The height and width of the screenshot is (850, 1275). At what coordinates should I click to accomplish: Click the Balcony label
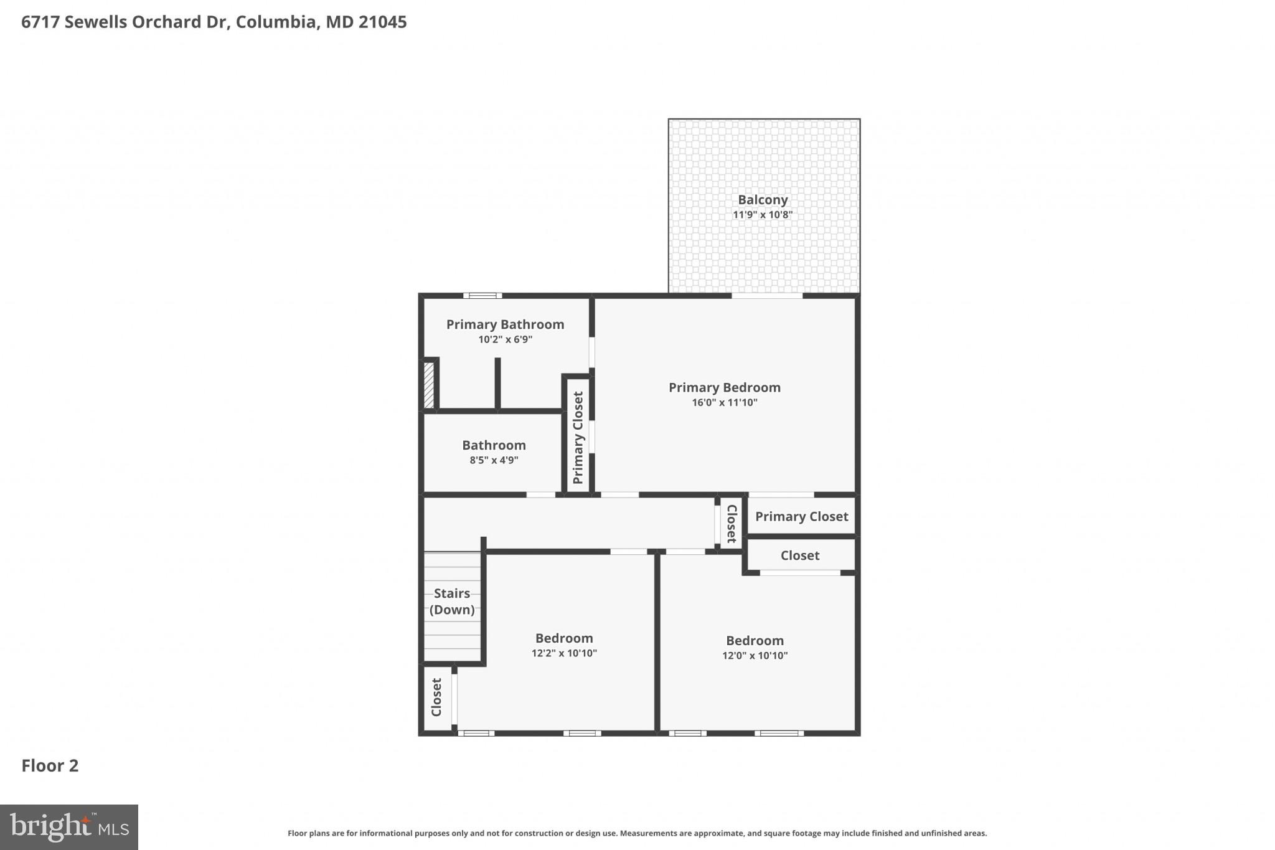tap(763, 200)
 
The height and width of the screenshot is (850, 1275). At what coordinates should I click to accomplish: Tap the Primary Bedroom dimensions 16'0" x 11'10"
tap(725, 403)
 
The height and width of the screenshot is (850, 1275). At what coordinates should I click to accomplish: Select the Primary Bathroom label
tap(505, 324)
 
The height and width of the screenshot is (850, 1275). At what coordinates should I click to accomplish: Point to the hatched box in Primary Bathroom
tap(429, 385)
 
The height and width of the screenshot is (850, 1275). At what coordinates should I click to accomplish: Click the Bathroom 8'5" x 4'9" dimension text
tap(494, 461)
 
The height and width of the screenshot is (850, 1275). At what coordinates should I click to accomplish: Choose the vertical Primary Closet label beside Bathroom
tap(578, 437)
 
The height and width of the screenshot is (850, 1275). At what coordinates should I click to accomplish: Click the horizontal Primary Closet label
tap(801, 517)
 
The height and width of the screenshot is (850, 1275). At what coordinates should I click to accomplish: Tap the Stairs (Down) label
tap(452, 602)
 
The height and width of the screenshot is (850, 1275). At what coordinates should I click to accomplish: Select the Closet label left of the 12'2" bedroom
tap(437, 697)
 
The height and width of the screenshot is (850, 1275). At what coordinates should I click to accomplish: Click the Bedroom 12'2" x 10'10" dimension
tap(564, 653)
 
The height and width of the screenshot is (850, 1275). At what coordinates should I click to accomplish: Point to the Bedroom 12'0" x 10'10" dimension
tap(755, 656)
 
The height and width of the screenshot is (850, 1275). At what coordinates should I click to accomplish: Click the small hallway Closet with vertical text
tap(732, 524)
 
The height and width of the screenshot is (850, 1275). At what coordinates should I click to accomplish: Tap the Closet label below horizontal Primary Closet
tap(800, 555)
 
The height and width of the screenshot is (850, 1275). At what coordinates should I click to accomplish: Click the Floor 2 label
tap(50, 766)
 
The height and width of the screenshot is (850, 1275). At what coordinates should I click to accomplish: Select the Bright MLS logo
tap(69, 827)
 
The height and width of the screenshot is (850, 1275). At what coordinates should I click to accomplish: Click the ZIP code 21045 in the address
tap(382, 22)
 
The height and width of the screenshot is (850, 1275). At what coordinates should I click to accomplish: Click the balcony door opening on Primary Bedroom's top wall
tap(767, 296)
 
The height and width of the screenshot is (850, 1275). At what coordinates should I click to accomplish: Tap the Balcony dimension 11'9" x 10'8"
tap(763, 215)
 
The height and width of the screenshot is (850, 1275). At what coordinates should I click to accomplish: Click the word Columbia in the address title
tap(276, 22)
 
